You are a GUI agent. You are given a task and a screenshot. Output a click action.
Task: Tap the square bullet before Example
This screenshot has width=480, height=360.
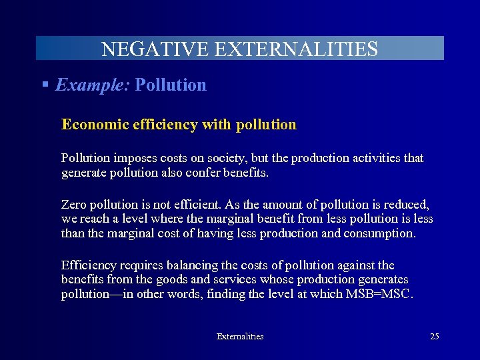tap(45, 85)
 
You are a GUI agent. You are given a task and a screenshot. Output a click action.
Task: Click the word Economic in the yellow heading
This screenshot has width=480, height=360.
tap(90, 125)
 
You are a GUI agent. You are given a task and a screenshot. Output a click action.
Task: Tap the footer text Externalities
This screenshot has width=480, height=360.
tap(240, 337)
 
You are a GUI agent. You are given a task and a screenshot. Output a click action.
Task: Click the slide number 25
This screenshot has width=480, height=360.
tap(434, 337)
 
